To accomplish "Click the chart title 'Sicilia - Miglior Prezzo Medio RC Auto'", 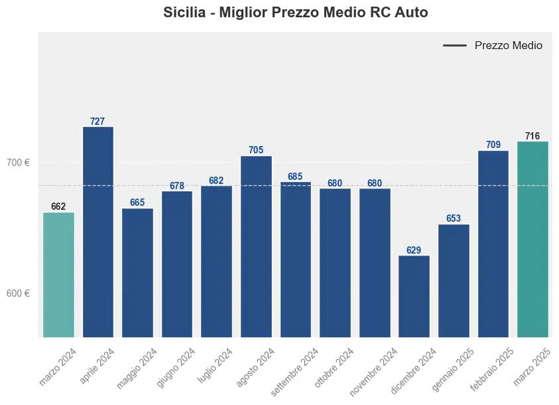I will (295, 13).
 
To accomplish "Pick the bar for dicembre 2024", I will (414, 296).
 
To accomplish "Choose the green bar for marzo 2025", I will (532, 239).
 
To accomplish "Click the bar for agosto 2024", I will (256, 246).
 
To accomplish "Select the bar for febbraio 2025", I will (493, 244).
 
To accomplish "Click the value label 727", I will (97, 121).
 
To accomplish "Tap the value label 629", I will (414, 250).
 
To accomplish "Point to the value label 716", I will (532, 136).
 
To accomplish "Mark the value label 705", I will (256, 151).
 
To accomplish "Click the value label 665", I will (137, 203).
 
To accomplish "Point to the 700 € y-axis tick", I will (19, 163).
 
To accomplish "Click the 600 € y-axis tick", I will (19, 293).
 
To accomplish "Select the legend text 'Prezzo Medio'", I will (508, 46).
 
